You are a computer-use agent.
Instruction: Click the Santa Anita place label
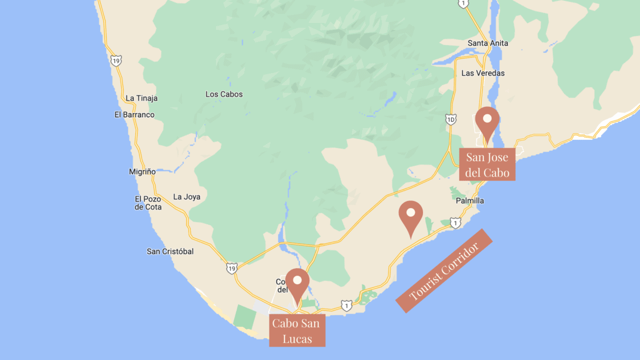(x=487, y=43)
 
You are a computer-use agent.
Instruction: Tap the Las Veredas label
(x=483, y=73)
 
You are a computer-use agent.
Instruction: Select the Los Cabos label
(x=224, y=94)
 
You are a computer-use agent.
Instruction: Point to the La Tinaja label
(x=141, y=98)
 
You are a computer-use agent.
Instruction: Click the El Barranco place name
(x=134, y=115)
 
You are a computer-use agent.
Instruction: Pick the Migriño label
(x=142, y=172)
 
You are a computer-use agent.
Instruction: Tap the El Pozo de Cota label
(x=148, y=203)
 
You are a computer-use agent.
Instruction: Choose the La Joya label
(x=187, y=197)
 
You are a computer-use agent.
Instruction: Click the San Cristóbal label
(x=170, y=251)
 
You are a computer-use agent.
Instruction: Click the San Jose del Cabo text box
(x=487, y=165)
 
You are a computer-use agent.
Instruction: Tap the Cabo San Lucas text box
(x=297, y=331)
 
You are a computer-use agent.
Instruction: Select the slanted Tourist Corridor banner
(x=444, y=271)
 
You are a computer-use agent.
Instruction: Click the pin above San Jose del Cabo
(x=487, y=123)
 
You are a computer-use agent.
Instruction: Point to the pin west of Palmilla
(x=411, y=217)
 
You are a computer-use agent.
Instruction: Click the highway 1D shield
(x=451, y=119)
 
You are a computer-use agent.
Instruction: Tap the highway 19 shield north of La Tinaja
(x=116, y=60)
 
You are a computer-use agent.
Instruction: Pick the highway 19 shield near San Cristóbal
(x=231, y=267)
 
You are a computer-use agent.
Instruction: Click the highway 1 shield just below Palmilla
(x=455, y=222)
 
